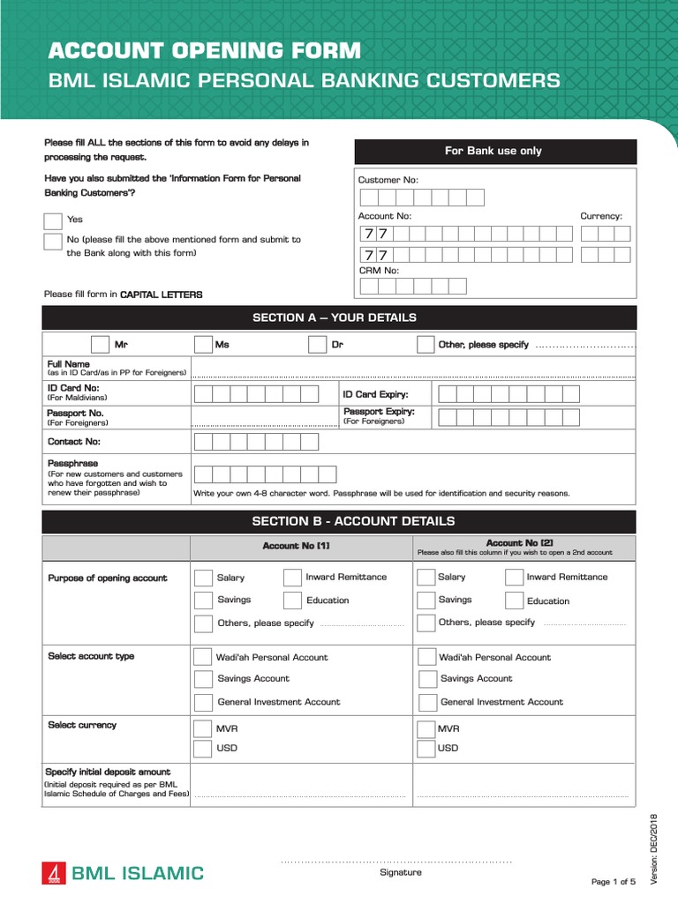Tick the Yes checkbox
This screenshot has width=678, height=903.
tap(53, 220)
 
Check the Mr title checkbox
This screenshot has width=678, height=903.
tap(100, 345)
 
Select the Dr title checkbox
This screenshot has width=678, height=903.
tap(317, 345)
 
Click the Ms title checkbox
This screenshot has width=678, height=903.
tap(203, 345)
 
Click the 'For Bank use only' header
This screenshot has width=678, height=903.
tap(494, 152)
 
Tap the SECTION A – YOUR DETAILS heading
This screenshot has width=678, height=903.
tap(339, 317)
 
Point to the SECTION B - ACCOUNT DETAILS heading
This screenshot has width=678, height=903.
tap(339, 521)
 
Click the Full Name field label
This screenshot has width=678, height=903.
tap(69, 363)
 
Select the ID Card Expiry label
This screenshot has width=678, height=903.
tap(375, 394)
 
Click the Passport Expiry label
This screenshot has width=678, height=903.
tap(379, 412)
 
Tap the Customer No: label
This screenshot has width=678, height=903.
tap(388, 180)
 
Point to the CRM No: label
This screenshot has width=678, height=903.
tap(379, 271)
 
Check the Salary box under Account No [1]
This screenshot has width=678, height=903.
tap(203, 578)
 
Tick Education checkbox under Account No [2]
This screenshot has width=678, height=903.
tap(514, 601)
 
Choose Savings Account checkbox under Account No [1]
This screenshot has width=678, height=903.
tap(204, 679)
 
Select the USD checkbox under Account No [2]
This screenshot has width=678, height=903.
tap(426, 749)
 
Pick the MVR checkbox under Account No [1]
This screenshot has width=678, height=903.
tap(203, 729)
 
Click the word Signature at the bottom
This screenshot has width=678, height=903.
tap(400, 872)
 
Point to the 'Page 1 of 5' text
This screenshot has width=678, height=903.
tap(613, 882)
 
